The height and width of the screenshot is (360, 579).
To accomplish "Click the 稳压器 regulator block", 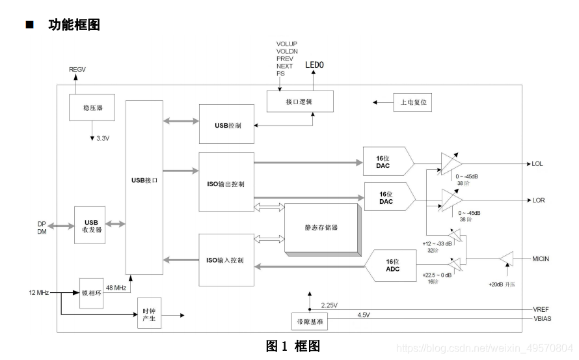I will click(92, 107).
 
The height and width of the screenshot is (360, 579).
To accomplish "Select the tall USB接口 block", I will click(144, 187).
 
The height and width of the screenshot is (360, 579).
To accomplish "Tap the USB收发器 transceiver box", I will click(92, 225).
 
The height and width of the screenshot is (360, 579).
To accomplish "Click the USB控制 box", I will click(226, 124).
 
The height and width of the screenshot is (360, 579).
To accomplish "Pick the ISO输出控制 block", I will click(226, 182).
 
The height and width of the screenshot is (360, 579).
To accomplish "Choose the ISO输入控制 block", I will click(226, 260).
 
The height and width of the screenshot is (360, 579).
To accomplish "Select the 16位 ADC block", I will click(390, 265).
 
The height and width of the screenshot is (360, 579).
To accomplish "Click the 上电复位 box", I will click(412, 102).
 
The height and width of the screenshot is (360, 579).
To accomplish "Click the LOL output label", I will click(537, 163).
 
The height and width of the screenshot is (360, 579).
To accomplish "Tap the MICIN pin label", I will click(541, 259).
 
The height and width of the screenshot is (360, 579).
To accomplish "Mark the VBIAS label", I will click(541, 319).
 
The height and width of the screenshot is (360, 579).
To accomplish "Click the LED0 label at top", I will click(314, 65).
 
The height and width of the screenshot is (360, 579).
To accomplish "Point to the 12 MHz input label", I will click(39, 292).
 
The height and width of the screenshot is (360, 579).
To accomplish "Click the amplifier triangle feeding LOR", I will click(451, 200).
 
